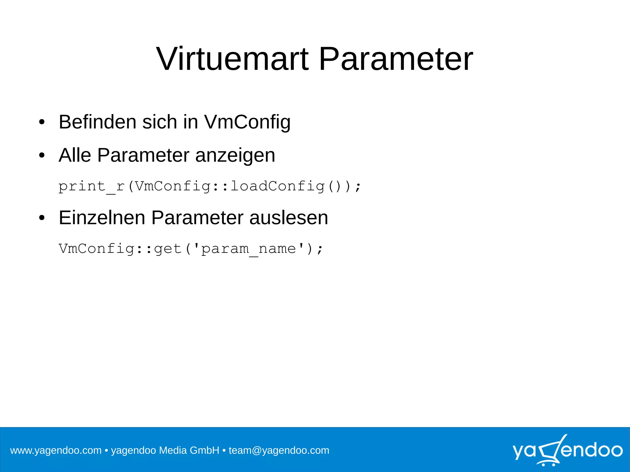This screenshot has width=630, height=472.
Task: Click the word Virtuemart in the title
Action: point(232,59)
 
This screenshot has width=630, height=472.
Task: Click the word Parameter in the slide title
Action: point(396,59)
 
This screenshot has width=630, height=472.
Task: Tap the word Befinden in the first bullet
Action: point(97,122)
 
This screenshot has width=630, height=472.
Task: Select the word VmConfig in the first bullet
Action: point(247,122)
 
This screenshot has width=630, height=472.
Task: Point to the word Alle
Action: point(75,155)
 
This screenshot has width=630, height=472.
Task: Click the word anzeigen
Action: point(235,156)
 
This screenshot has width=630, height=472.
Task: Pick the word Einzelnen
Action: point(102,218)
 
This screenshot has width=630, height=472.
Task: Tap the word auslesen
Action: point(289,218)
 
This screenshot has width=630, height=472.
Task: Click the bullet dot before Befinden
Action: point(42,122)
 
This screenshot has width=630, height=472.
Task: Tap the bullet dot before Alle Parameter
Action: point(42,156)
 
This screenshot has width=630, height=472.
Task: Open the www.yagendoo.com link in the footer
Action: point(56,450)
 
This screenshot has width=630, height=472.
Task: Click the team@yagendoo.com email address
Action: point(279,450)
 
